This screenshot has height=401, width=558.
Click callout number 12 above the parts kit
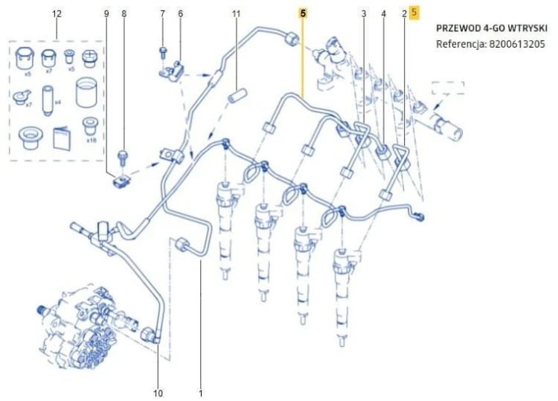(x=57, y=14)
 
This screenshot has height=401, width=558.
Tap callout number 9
(x=106, y=14)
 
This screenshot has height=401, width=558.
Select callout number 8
(x=124, y=14)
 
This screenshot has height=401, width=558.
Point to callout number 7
(x=163, y=14)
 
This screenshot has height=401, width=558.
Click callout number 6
(x=181, y=14)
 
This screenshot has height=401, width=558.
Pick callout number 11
(x=237, y=14)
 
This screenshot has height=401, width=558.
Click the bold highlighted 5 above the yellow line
(x=303, y=13)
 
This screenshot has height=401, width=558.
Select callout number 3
(x=364, y=14)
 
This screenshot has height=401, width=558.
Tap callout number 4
(x=383, y=14)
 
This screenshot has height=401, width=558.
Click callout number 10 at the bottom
(x=158, y=393)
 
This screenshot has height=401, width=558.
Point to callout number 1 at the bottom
(x=201, y=393)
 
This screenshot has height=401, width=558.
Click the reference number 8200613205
(x=517, y=44)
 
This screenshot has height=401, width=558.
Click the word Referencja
(x=461, y=44)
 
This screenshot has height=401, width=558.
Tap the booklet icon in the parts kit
(x=62, y=138)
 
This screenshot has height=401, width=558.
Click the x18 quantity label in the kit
(x=91, y=140)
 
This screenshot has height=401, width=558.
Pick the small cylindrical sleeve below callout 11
(x=237, y=95)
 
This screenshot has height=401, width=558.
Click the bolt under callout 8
(x=123, y=157)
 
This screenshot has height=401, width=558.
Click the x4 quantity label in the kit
(x=57, y=103)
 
